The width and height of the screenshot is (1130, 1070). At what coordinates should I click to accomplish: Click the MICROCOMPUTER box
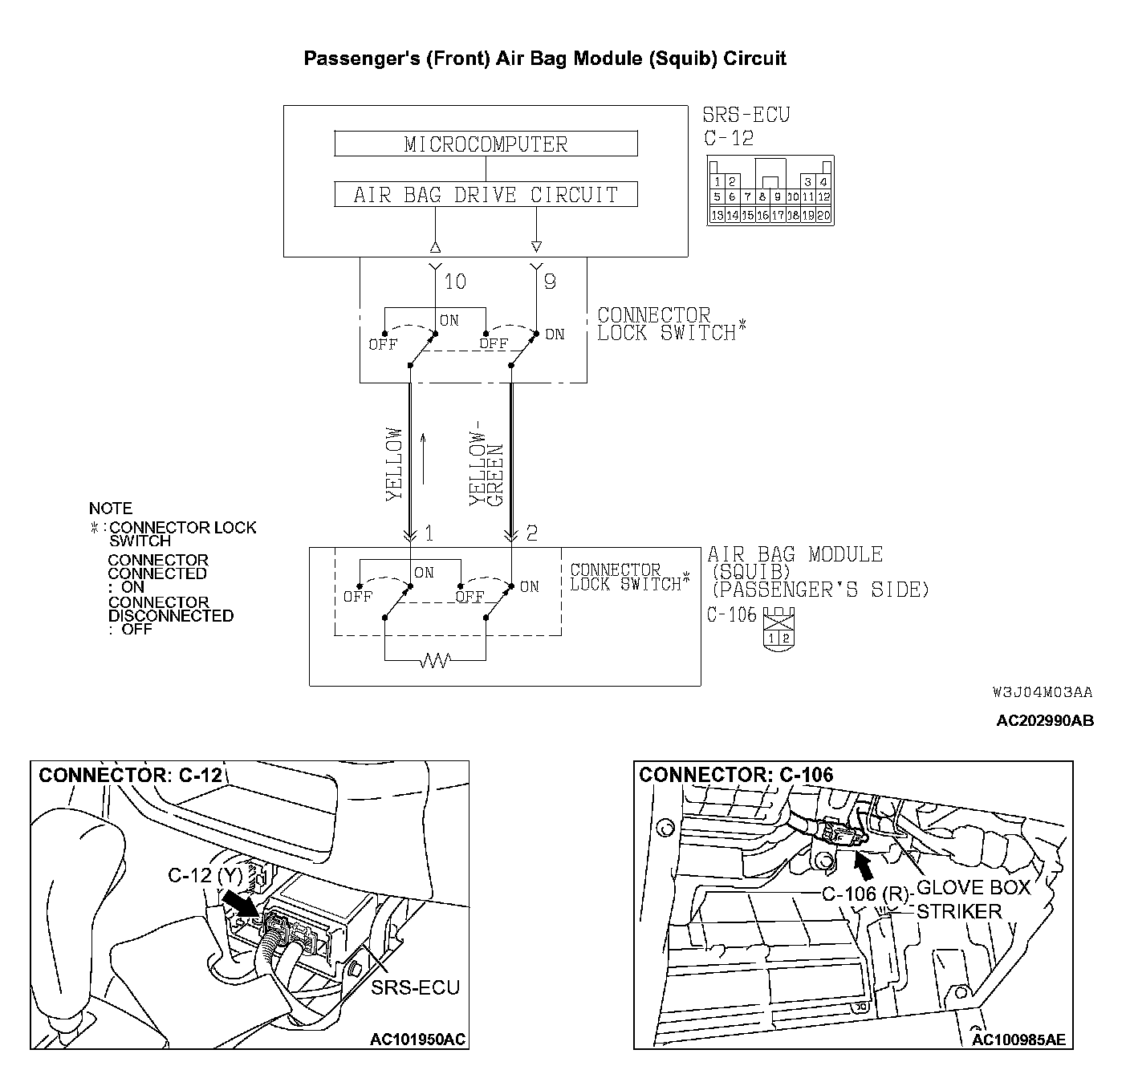[486, 144]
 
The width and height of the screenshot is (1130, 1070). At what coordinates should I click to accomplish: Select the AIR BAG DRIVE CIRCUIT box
[486, 195]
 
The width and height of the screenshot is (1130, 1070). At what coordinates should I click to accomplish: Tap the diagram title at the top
[545, 59]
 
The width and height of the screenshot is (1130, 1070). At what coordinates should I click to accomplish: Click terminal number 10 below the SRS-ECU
[455, 282]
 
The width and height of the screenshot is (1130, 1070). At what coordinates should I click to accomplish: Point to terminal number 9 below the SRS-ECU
[550, 282]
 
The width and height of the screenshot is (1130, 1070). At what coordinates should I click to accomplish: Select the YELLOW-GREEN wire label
[486, 464]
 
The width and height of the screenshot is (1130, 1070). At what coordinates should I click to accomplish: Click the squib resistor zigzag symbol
[436, 660]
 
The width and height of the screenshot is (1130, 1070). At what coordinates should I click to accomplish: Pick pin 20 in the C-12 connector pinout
[824, 215]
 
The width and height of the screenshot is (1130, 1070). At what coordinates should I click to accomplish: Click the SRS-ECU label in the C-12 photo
[416, 987]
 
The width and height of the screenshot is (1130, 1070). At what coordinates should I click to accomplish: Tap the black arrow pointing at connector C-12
[240, 902]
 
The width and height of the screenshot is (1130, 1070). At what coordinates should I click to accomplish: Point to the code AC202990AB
[1044, 720]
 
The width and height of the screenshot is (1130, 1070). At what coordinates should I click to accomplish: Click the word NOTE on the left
[111, 509]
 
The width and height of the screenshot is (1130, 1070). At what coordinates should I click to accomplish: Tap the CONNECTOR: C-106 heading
[736, 775]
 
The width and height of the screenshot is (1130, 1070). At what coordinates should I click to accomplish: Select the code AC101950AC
[417, 1040]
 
